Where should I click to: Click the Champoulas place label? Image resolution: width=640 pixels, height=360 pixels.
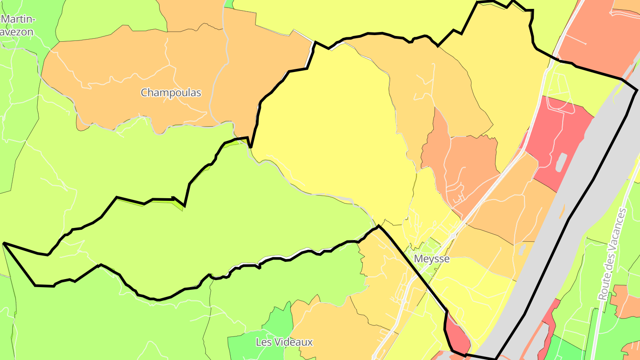171,93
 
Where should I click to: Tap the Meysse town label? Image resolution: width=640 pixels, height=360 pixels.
432,259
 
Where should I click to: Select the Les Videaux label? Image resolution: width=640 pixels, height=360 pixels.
284,342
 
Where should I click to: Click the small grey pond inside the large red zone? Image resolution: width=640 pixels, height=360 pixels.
561,162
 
